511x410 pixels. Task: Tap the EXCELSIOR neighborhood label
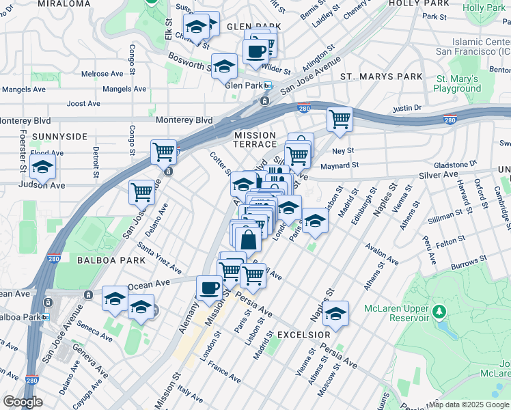[304, 335]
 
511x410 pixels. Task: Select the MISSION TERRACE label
[255, 140]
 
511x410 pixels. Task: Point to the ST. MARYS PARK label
[382, 77]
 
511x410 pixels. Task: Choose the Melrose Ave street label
[102, 74]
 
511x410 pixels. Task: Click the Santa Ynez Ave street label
[159, 257]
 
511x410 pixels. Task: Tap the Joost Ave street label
[85, 104]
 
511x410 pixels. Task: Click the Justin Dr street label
[407, 108]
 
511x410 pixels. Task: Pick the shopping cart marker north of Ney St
[340, 119]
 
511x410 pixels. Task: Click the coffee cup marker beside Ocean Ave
[210, 288]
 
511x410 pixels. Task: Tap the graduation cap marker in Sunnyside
[42, 167]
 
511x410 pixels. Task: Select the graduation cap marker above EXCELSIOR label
[335, 313]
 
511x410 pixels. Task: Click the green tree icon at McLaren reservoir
[439, 312]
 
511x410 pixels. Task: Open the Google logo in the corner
[23, 402]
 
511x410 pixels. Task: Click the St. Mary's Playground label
[457, 83]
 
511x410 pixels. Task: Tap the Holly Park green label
[482, 8]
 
